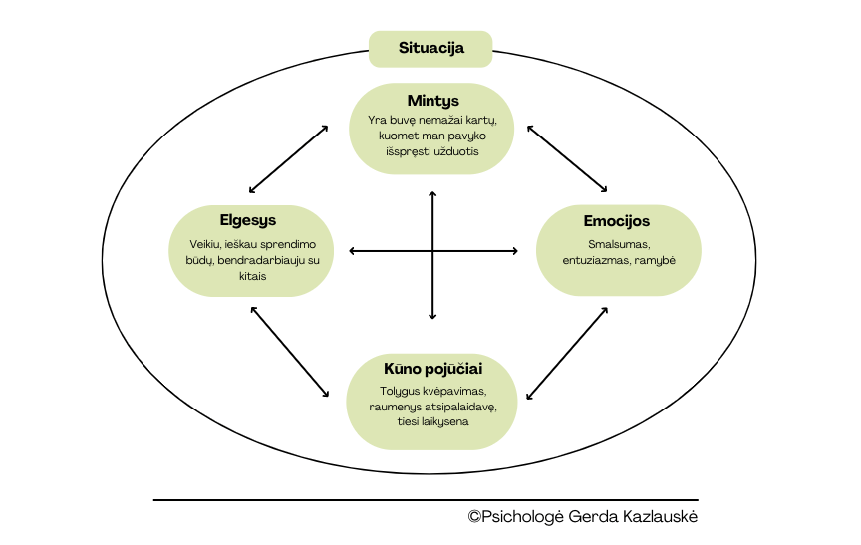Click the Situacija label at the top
point(430,47)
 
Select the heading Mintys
point(432,101)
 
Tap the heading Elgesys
point(248,220)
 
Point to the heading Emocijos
point(617,220)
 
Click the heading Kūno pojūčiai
point(432,369)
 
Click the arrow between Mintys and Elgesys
point(289,158)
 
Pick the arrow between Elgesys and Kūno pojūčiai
point(290,351)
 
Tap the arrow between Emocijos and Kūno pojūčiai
point(567,352)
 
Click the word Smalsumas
point(618,244)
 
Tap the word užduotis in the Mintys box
point(457,152)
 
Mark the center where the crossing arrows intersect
point(432,251)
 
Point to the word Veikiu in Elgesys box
point(205,245)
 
